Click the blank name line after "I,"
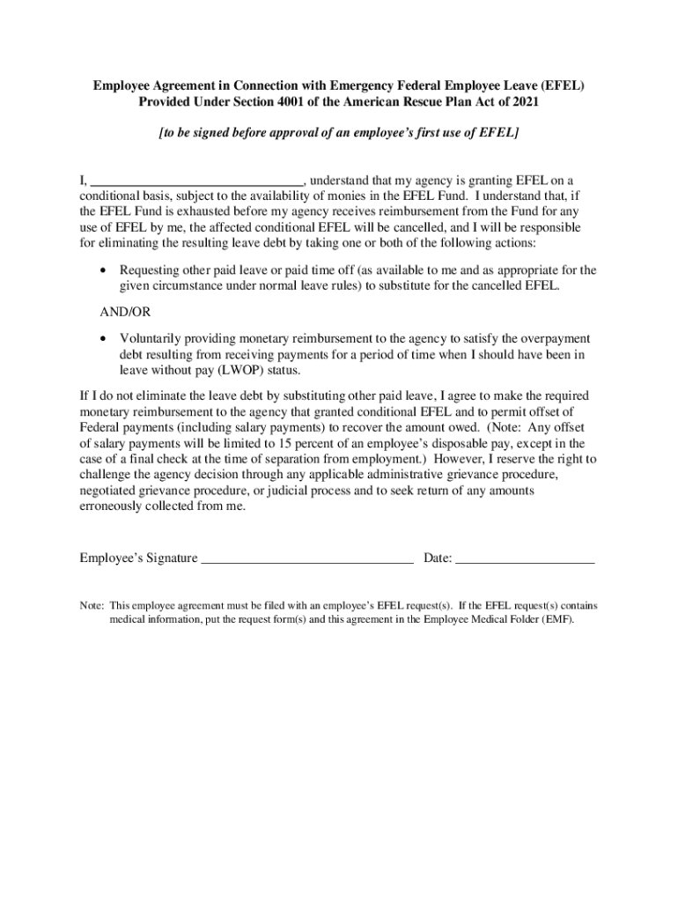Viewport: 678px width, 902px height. pos(197,182)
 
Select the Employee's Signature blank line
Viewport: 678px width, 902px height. pos(307,558)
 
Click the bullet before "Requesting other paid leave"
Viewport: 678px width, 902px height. pos(104,270)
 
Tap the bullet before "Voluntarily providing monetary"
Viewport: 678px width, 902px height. pos(104,339)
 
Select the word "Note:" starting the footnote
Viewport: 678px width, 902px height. pos(92,606)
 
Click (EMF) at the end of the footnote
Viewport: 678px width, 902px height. pos(554,620)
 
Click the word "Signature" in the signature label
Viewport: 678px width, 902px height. pos(168,558)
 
